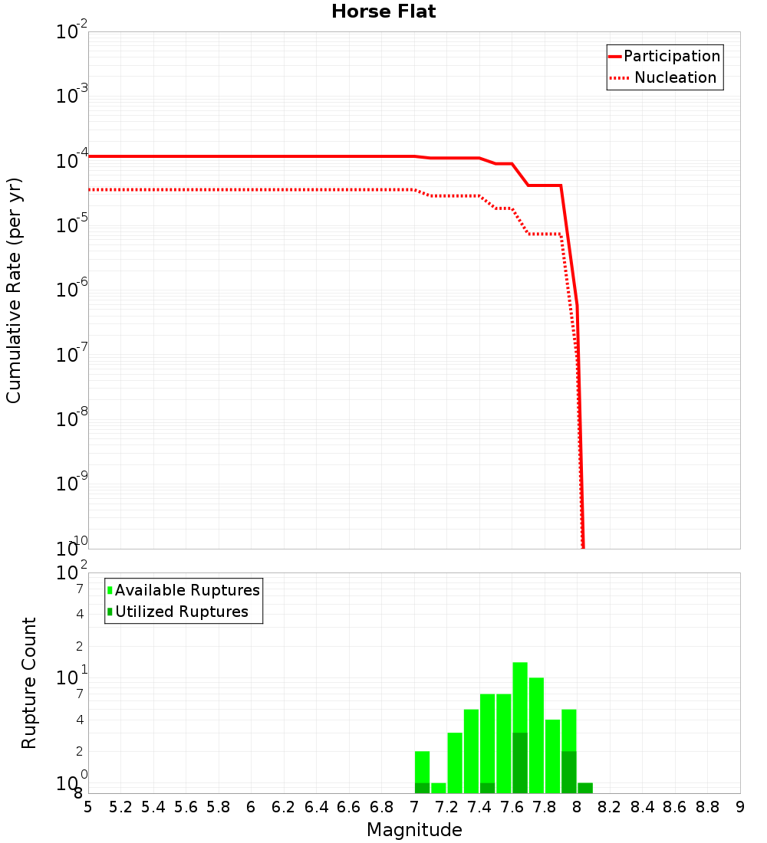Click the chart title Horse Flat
[383, 12]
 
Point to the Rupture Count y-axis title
[29, 682]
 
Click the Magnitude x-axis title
[414, 830]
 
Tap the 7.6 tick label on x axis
[512, 807]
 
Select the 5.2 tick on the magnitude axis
[121, 807]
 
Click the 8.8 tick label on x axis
[707, 807]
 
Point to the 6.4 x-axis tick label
[316, 807]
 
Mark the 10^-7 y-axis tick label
[72, 354]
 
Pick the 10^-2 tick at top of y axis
[72, 32]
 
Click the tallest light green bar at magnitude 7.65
[520, 697]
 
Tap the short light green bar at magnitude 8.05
[585, 788]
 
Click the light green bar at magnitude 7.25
[455, 763]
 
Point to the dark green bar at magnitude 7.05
[422, 788]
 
